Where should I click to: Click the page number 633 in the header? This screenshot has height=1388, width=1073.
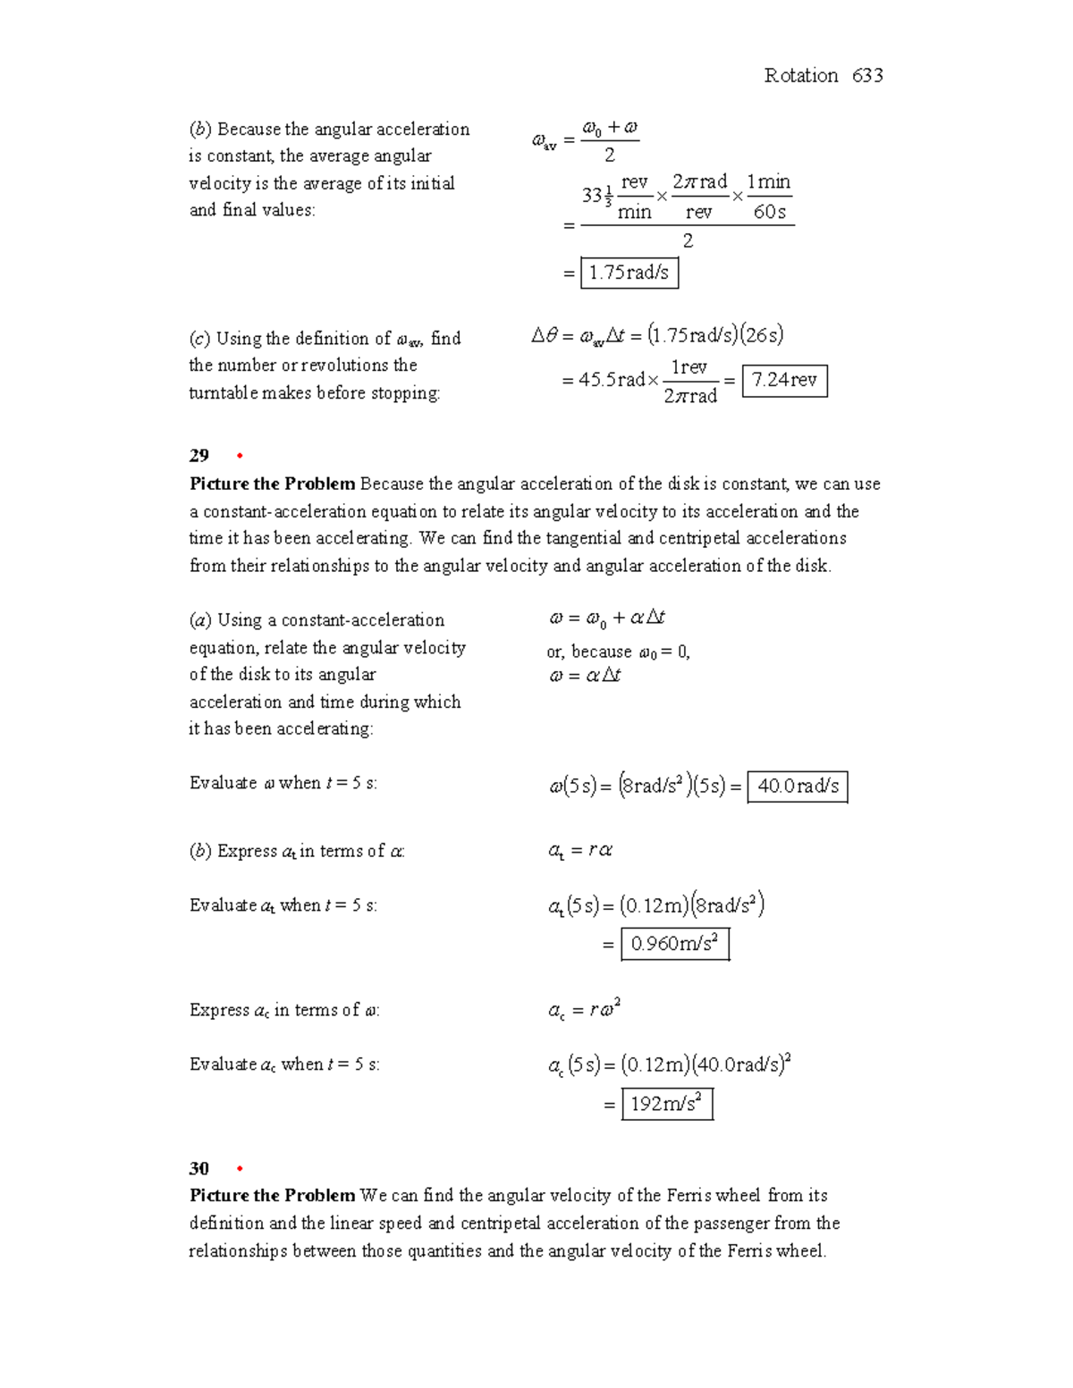point(867,76)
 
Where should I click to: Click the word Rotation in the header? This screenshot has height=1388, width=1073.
point(801,76)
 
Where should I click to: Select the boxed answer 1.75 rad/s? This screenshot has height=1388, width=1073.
point(629,273)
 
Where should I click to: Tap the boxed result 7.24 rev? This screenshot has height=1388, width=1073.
point(784,380)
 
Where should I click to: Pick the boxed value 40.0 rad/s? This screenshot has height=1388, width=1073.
point(798,787)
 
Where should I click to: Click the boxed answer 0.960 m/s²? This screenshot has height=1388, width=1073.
point(675,944)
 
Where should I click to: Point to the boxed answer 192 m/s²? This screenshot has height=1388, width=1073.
point(666,1104)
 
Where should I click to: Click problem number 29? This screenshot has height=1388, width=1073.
point(199,456)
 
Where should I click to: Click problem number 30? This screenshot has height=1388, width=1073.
point(199,1169)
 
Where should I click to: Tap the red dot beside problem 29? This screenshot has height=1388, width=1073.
point(240,457)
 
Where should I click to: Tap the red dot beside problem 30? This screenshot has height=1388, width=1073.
point(240,1170)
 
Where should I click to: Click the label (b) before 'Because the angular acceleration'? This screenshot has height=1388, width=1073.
point(200,130)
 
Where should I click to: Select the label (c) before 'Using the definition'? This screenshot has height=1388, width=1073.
point(199,339)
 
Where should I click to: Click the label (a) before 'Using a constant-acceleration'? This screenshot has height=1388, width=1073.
point(200,620)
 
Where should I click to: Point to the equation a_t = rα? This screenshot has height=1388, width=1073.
point(580,851)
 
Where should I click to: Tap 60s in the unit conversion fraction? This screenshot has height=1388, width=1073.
point(769,213)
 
